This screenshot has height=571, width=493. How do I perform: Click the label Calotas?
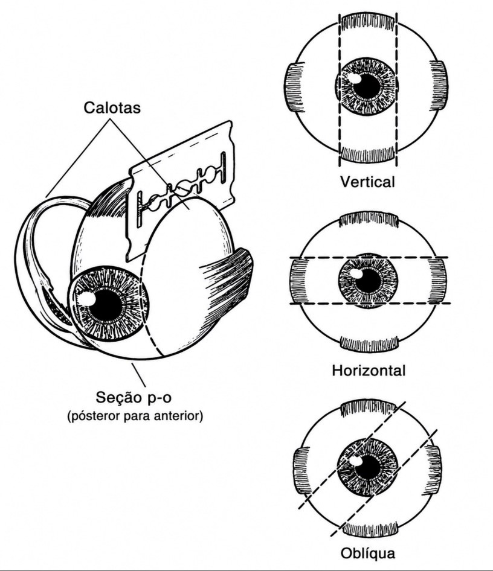pyautogui.click(x=112, y=107)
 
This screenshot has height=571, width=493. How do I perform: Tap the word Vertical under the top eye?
pyautogui.click(x=367, y=181)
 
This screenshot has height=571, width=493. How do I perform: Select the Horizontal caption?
pyautogui.click(x=369, y=371)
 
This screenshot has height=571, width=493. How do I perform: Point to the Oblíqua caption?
pyautogui.click(x=368, y=553)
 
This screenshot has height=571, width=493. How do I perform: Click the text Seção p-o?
pyautogui.click(x=134, y=397)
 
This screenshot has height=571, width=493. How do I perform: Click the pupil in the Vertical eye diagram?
pyautogui.click(x=367, y=86)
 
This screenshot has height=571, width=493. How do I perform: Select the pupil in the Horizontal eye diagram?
pyautogui.click(x=369, y=281)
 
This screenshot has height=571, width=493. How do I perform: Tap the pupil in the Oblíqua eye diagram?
pyautogui.click(x=369, y=467)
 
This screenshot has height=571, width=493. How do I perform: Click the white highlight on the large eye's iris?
pyautogui.click(x=87, y=299)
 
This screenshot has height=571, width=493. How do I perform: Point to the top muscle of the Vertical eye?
pyautogui.click(x=368, y=24)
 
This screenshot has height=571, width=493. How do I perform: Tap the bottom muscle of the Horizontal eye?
pyautogui.click(x=369, y=344)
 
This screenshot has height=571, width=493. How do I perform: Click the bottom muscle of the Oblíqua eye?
pyautogui.click(x=370, y=529)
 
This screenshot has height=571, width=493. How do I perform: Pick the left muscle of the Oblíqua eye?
pyautogui.click(x=301, y=471)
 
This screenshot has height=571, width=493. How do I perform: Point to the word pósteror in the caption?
pyautogui.click(x=95, y=415)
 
